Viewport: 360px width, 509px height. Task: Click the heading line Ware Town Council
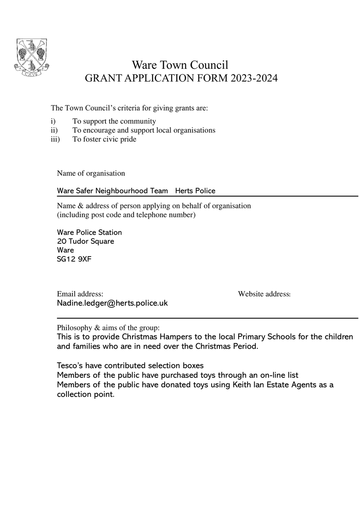180,65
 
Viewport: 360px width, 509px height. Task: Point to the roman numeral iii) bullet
55,139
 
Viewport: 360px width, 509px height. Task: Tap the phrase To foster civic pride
104,139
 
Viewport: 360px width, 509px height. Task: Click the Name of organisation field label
91,173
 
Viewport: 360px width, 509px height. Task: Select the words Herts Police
195,191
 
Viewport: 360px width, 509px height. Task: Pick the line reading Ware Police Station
90,232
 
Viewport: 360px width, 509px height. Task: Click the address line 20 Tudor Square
86,241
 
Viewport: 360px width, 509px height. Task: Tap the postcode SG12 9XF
74,259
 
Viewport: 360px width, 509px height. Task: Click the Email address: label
80,294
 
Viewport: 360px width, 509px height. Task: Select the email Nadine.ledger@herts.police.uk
112,303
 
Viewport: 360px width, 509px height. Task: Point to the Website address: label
264,294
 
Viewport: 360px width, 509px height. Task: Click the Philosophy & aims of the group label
108,328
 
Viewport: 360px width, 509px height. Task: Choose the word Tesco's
70,365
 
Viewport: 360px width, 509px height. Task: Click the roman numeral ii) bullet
54,130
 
